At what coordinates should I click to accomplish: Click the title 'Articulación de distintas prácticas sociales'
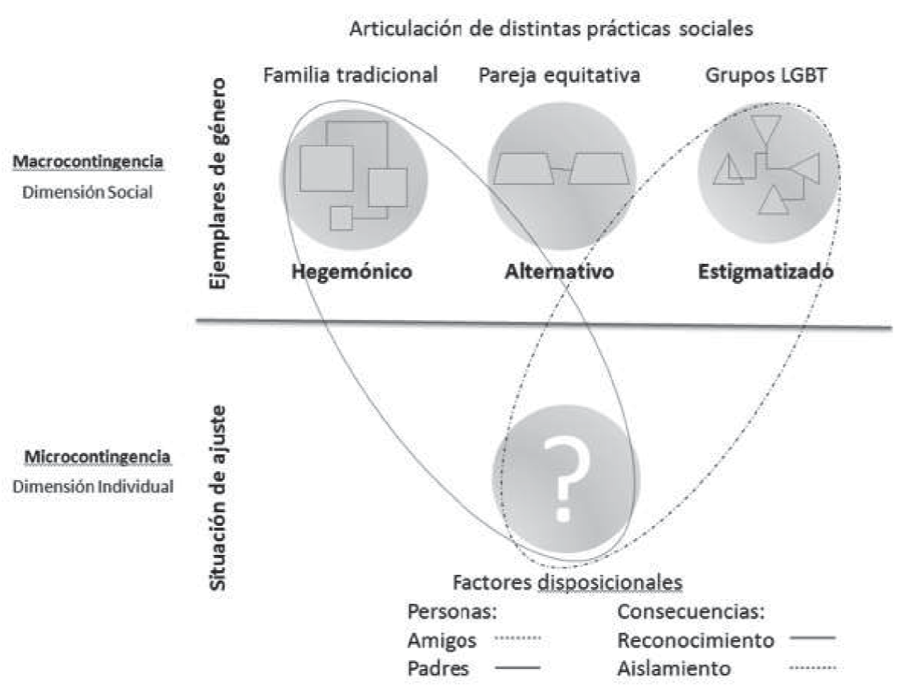(551, 31)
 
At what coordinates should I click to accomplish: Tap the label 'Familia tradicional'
(351, 76)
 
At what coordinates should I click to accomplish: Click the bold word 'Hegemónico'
(352, 271)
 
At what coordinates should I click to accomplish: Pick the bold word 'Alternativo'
(559, 271)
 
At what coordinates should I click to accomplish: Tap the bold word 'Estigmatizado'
(765, 271)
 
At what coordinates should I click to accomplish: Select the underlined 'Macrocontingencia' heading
(88, 162)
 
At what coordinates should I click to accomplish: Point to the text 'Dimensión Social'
(88, 193)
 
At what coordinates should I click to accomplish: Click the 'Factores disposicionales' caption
(567, 581)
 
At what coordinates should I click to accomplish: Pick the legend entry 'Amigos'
(443, 640)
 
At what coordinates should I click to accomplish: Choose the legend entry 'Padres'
(439, 667)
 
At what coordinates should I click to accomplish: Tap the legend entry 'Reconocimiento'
(696, 640)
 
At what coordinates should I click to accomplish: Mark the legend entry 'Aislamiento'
(685, 667)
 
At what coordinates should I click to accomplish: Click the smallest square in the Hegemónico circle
(341, 218)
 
